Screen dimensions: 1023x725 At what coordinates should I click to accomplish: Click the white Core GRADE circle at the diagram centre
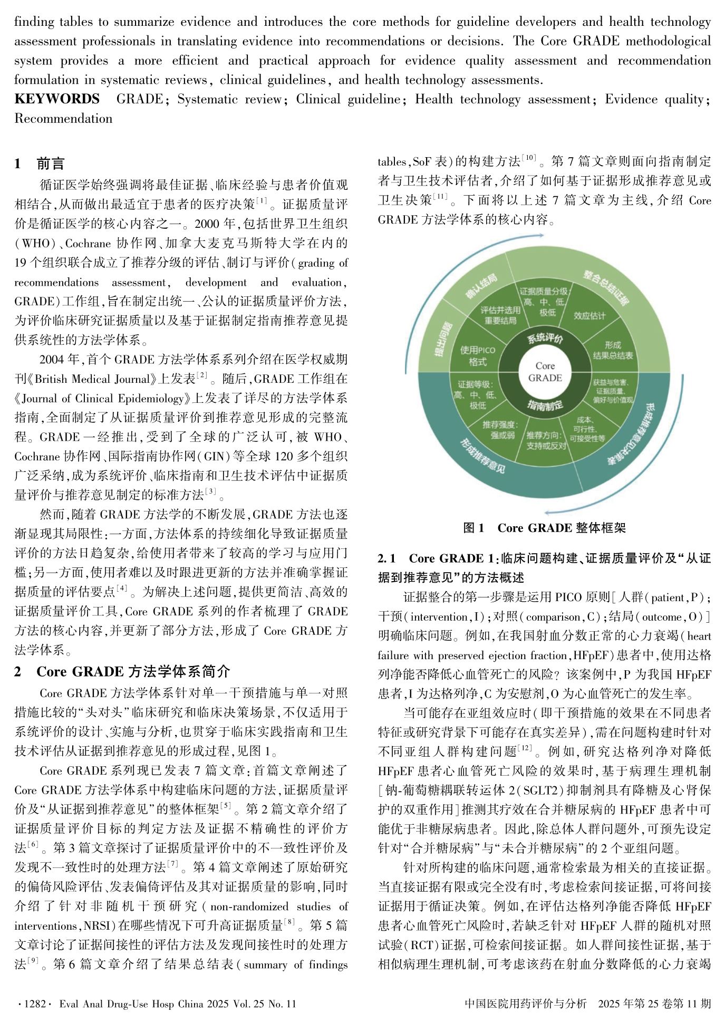545,372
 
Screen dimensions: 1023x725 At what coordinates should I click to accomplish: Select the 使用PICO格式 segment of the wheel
477,356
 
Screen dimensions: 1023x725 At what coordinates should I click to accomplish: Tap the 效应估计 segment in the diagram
589,315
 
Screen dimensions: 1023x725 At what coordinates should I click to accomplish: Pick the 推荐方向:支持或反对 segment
546,441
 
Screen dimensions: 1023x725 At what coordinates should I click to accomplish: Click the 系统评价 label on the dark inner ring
545,338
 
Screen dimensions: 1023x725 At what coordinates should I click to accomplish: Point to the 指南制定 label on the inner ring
545,405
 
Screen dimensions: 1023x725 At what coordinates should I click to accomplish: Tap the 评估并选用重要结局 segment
500,315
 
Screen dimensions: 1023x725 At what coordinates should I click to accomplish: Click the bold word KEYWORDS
57,99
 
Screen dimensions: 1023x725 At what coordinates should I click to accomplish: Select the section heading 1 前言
40,163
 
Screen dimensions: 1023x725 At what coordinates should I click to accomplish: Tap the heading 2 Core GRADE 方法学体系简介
122,671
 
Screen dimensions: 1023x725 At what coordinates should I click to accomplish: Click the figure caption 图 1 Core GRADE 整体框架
544,528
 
